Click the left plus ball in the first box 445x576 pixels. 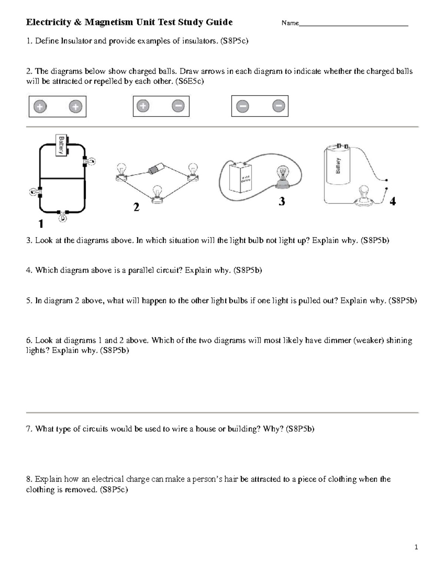click(40, 107)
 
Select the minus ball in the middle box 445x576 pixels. click(178, 106)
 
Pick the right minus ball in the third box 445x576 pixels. click(278, 106)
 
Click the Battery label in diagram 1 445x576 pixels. click(61, 145)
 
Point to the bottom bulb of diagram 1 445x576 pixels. click(63, 216)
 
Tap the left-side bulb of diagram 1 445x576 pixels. click(34, 192)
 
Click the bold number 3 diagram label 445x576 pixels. click(282, 202)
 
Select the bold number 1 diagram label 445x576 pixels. click(41, 224)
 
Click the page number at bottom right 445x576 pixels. click(416, 547)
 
